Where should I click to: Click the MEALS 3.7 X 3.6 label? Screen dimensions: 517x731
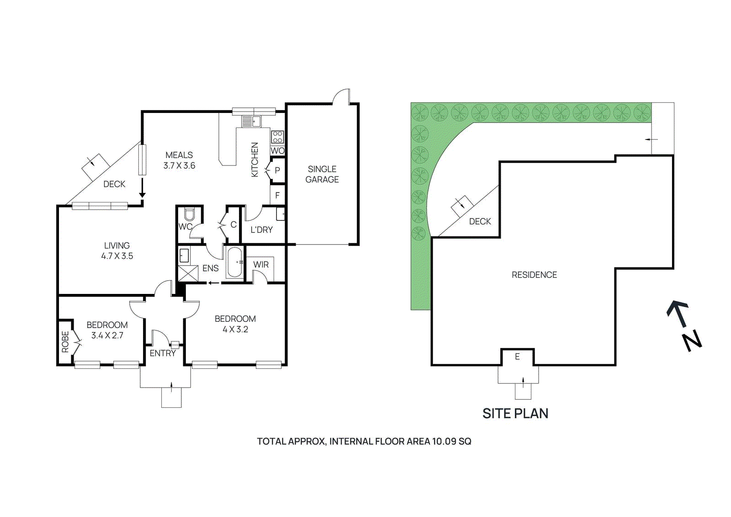click(179, 160)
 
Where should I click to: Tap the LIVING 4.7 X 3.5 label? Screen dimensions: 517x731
click(117, 251)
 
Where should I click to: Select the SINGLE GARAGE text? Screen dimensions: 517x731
click(322, 174)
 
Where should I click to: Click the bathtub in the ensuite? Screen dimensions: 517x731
click(234, 262)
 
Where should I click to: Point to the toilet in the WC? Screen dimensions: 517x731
click(189, 214)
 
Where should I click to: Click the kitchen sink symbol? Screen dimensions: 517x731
click(251, 122)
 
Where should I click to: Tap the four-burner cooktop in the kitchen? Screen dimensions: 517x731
click(277, 137)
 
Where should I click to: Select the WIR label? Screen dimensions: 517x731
click(261, 265)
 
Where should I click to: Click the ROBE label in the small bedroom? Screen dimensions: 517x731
click(65, 342)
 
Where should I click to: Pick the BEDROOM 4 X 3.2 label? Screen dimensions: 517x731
click(235, 324)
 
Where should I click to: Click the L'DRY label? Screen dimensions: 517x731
click(261, 229)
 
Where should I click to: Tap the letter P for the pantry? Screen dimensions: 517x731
click(277, 171)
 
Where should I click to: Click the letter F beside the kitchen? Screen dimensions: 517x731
click(277, 195)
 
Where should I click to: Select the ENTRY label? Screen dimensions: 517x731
click(163, 353)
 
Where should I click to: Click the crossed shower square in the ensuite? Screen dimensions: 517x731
click(188, 273)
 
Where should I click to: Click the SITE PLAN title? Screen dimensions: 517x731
click(515, 413)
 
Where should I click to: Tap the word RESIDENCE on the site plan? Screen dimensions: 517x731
click(534, 275)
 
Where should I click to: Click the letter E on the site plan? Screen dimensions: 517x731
click(517, 357)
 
